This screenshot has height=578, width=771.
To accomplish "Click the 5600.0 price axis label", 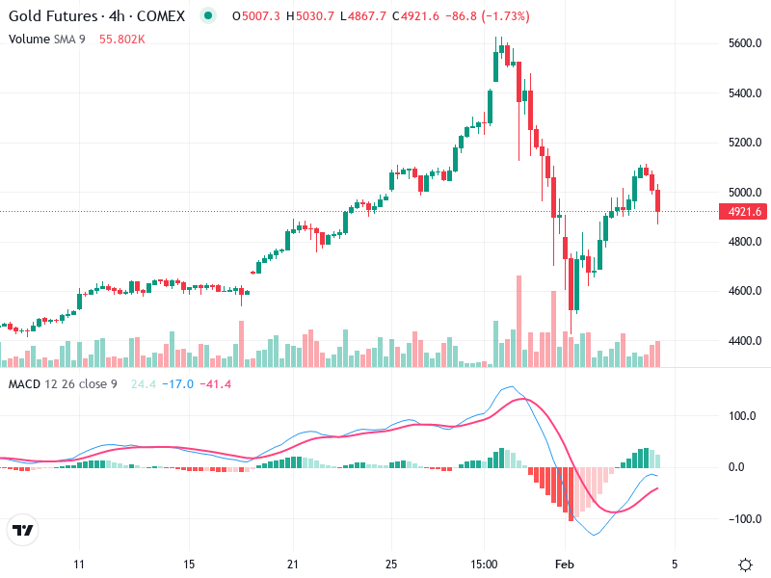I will [x=745, y=43].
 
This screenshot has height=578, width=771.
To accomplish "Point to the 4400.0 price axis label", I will [x=745, y=341].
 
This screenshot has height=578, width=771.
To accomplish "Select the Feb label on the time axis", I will [x=567, y=563].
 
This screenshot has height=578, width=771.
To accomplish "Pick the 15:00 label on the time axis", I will [x=484, y=563].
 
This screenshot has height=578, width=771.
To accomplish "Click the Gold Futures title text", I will [x=53, y=16].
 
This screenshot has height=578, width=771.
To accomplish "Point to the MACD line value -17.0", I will [x=179, y=384].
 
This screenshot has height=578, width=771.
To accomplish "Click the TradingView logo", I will [x=23, y=530].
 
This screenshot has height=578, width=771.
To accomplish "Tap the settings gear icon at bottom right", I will [x=745, y=564].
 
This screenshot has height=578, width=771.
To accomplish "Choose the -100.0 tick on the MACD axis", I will [x=745, y=519].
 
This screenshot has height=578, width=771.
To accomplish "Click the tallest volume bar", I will [x=518, y=321].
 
